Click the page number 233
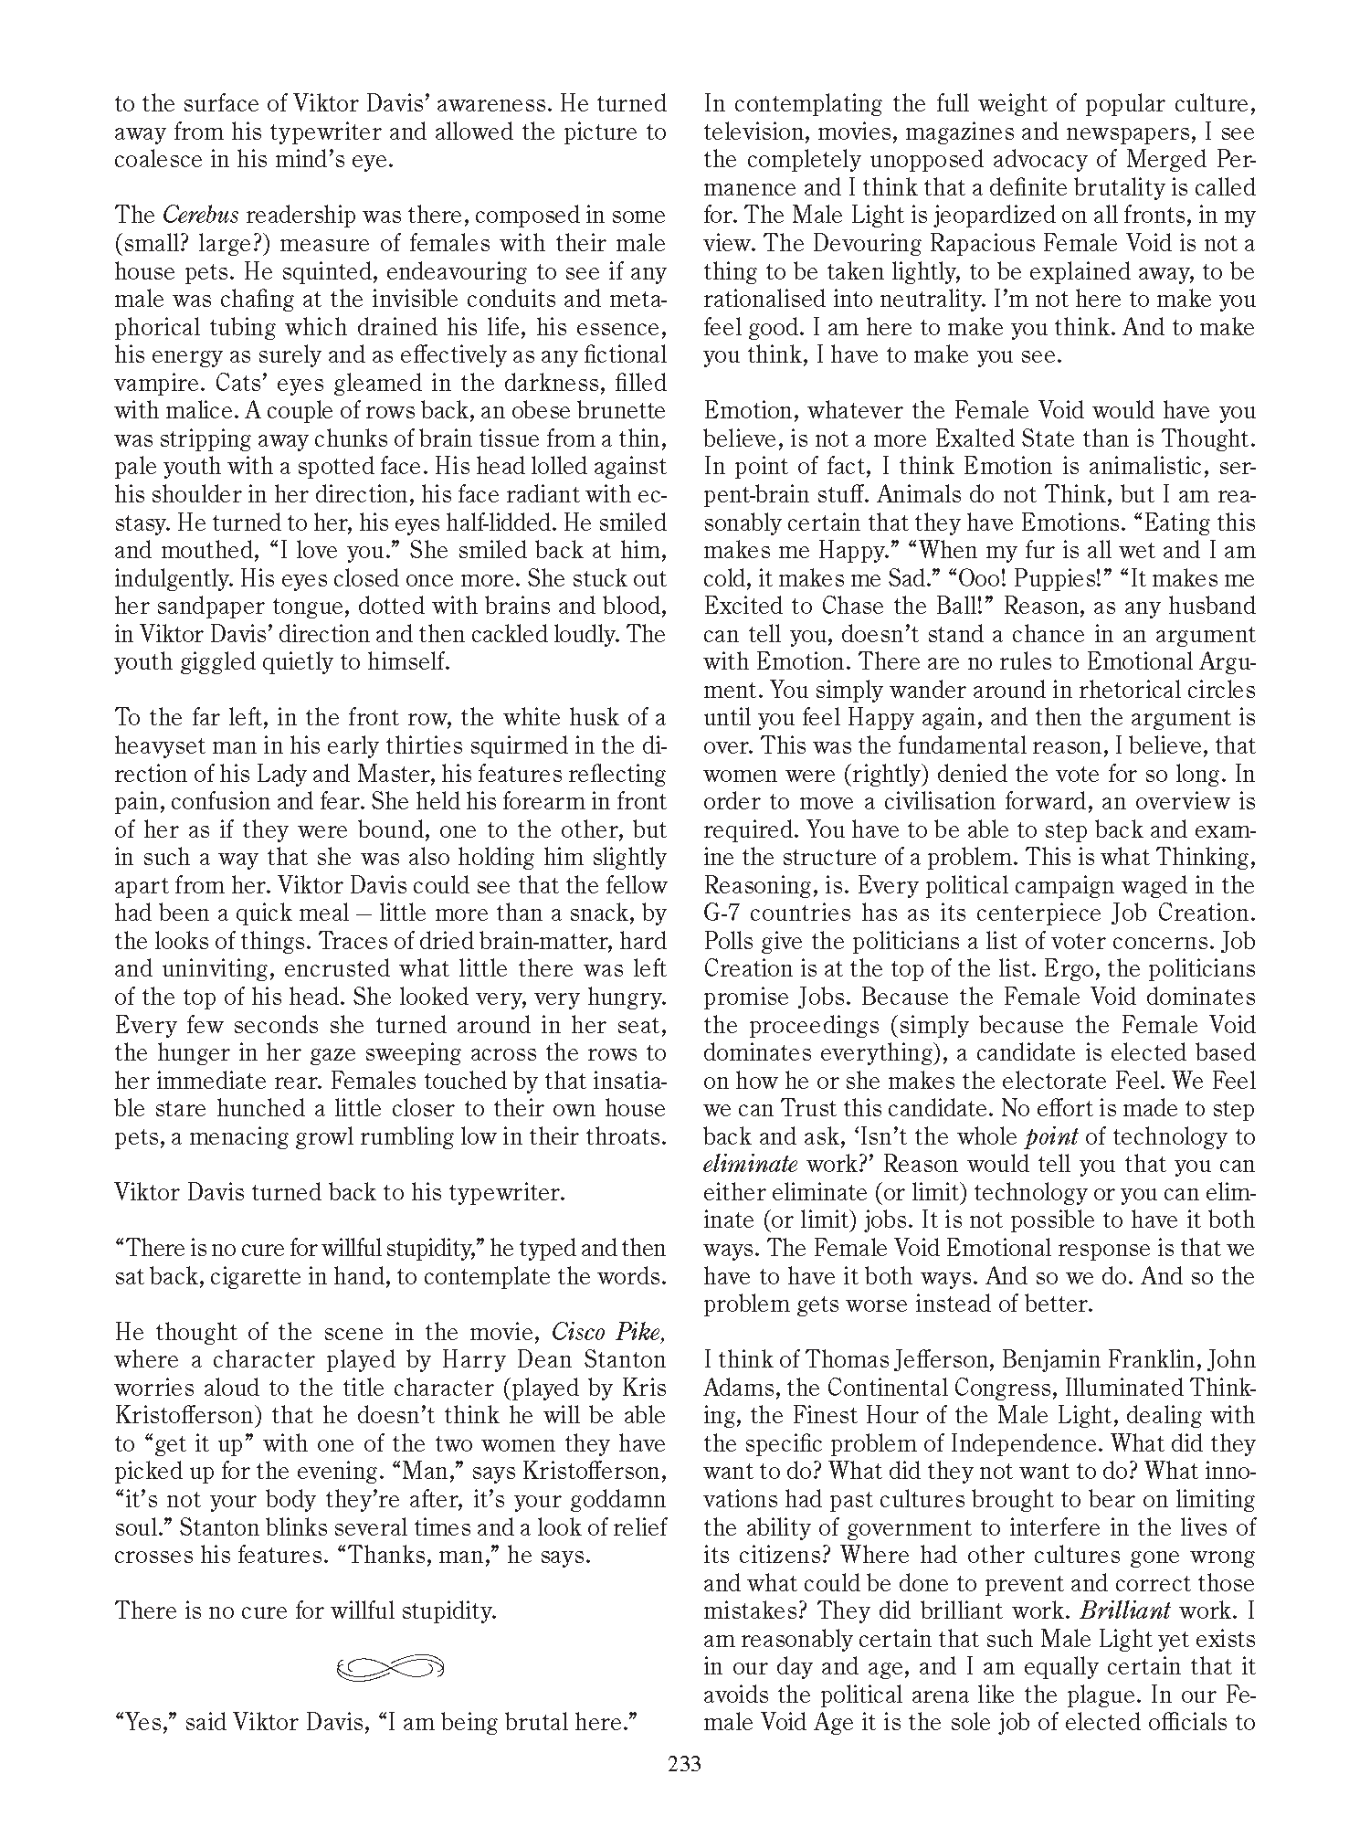[x=684, y=1764]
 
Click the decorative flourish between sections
[x=390, y=1667]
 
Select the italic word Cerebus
[x=201, y=216]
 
